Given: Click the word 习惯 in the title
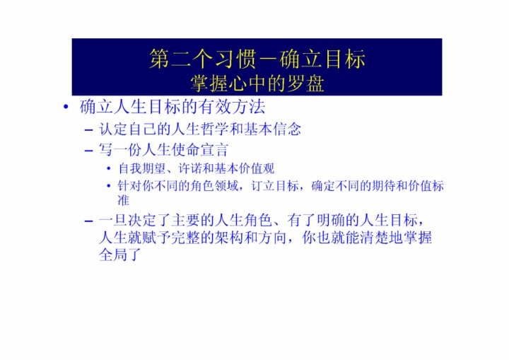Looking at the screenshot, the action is click(235, 59).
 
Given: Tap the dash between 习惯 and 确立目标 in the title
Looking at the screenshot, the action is click(268, 60).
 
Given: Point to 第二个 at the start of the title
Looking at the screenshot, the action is click(181, 59).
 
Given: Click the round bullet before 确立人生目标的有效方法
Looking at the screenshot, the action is click(66, 107).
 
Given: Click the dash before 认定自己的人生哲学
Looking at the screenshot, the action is click(88, 130).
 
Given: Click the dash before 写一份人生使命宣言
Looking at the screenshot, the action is click(88, 151).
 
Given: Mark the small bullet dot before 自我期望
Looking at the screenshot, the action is click(109, 168).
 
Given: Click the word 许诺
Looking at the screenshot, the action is click(190, 168).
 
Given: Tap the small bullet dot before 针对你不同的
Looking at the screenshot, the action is click(109, 186).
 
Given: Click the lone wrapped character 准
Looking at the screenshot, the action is click(123, 200).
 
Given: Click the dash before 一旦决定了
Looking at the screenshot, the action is click(88, 221).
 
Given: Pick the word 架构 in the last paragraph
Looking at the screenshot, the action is click(228, 238).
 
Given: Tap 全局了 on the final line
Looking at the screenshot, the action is click(120, 255).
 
